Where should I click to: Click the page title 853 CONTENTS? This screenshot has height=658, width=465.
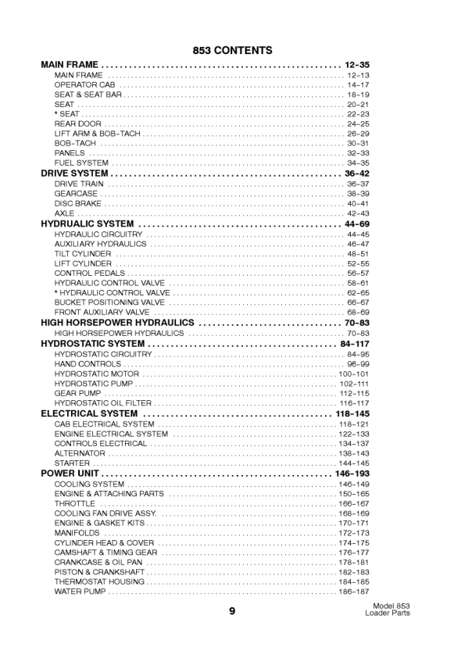(x=232, y=51)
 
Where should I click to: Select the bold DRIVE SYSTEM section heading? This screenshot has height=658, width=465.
(x=74, y=173)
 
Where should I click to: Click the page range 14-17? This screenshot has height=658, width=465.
(x=358, y=84)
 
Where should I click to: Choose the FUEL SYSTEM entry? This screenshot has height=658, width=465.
(x=81, y=163)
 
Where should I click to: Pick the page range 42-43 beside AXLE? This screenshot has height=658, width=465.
(x=358, y=213)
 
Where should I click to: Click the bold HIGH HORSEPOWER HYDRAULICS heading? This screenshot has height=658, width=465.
(x=117, y=323)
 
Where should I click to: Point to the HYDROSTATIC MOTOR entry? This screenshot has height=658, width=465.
(x=97, y=374)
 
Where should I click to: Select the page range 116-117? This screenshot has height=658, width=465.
(x=354, y=403)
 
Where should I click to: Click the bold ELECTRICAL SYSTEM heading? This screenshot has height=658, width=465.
(x=89, y=413)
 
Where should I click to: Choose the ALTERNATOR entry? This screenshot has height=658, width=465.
(x=80, y=453)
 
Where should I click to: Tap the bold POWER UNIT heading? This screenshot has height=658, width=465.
(x=70, y=474)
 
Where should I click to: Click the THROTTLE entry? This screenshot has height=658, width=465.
(x=75, y=504)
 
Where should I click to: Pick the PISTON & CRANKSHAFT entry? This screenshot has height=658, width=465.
(x=99, y=572)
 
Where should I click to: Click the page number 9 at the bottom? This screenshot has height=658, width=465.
(x=232, y=612)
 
